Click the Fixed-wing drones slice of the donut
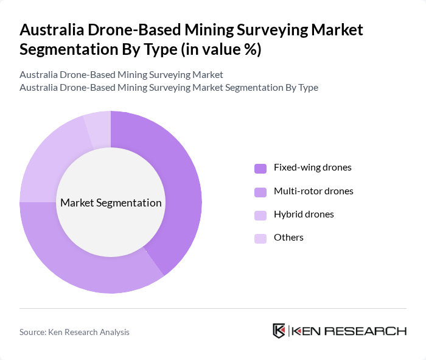coord(180,183)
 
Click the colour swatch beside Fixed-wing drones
coord(260,168)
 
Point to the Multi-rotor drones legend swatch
coord(260,192)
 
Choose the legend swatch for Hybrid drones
coord(260,215)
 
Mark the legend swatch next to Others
coord(260,238)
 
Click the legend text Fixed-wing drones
coord(312,168)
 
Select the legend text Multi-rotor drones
coord(313,191)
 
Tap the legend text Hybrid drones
coord(304,214)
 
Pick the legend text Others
coord(288,238)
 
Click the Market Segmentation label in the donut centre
coord(111,203)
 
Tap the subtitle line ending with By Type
coord(169,88)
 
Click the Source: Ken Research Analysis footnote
coord(74,332)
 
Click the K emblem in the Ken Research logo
coord(279,331)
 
